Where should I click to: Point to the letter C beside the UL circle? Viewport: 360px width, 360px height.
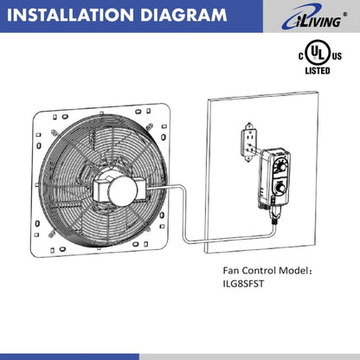[x=302, y=55]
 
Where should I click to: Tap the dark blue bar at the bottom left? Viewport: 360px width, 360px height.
[x=69, y=356]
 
